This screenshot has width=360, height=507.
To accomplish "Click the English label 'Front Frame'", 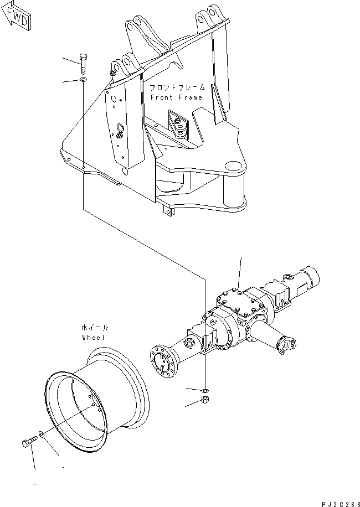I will [176, 97].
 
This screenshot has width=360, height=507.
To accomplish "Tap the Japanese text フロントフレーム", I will [176, 87].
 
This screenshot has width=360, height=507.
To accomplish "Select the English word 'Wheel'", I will [92, 337].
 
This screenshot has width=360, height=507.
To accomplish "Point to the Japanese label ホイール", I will [92, 327].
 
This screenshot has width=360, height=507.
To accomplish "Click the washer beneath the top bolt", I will [83, 81].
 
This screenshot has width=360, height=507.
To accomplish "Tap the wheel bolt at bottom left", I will [28, 442].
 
